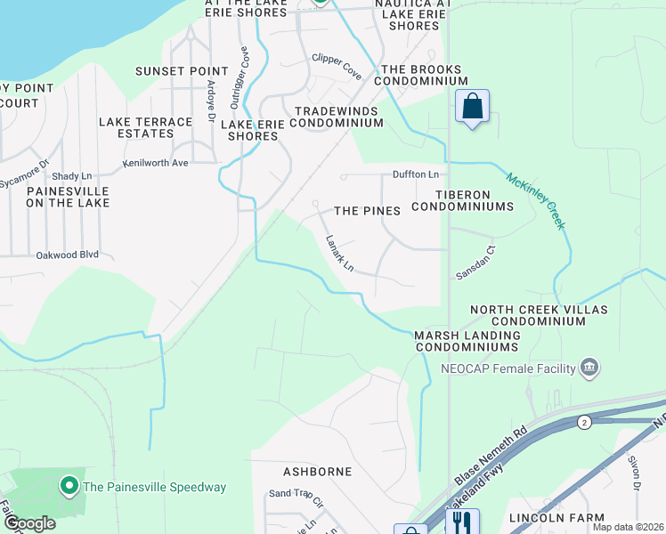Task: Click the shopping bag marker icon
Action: pyautogui.click(x=473, y=107)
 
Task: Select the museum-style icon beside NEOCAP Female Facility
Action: pyautogui.click(x=588, y=368)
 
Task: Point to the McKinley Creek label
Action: pyautogui.click(x=536, y=200)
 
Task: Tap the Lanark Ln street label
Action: pyautogui.click(x=340, y=254)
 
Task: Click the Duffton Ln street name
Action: pyautogui.click(x=416, y=174)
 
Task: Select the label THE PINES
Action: pyautogui.click(x=367, y=211)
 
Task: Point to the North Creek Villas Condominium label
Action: pyautogui.click(x=539, y=315)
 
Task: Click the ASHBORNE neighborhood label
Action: pyautogui.click(x=317, y=471)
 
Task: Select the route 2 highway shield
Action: pyautogui.click(x=583, y=421)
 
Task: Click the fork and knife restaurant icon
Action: pyautogui.click(x=462, y=522)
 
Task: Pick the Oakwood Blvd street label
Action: pyautogui.click(x=67, y=255)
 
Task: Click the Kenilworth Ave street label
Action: pyautogui.click(x=156, y=164)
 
